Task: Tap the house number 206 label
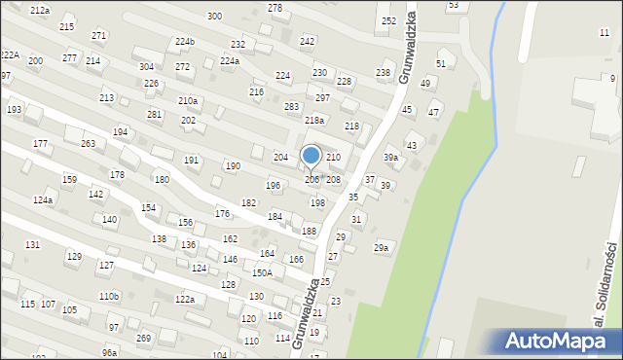point(311,180)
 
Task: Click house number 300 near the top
point(214,17)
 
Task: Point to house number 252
point(388,20)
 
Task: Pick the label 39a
point(390,158)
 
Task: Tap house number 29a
point(382,249)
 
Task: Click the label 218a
point(313,120)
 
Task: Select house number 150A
point(262,273)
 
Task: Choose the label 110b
point(108,296)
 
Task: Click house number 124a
point(42,199)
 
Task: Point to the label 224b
point(185,42)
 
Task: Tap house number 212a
point(40,10)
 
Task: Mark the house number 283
point(291,106)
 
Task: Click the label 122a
point(184,300)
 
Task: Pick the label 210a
point(188,101)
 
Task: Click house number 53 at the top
point(453,6)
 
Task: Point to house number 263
point(88,144)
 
